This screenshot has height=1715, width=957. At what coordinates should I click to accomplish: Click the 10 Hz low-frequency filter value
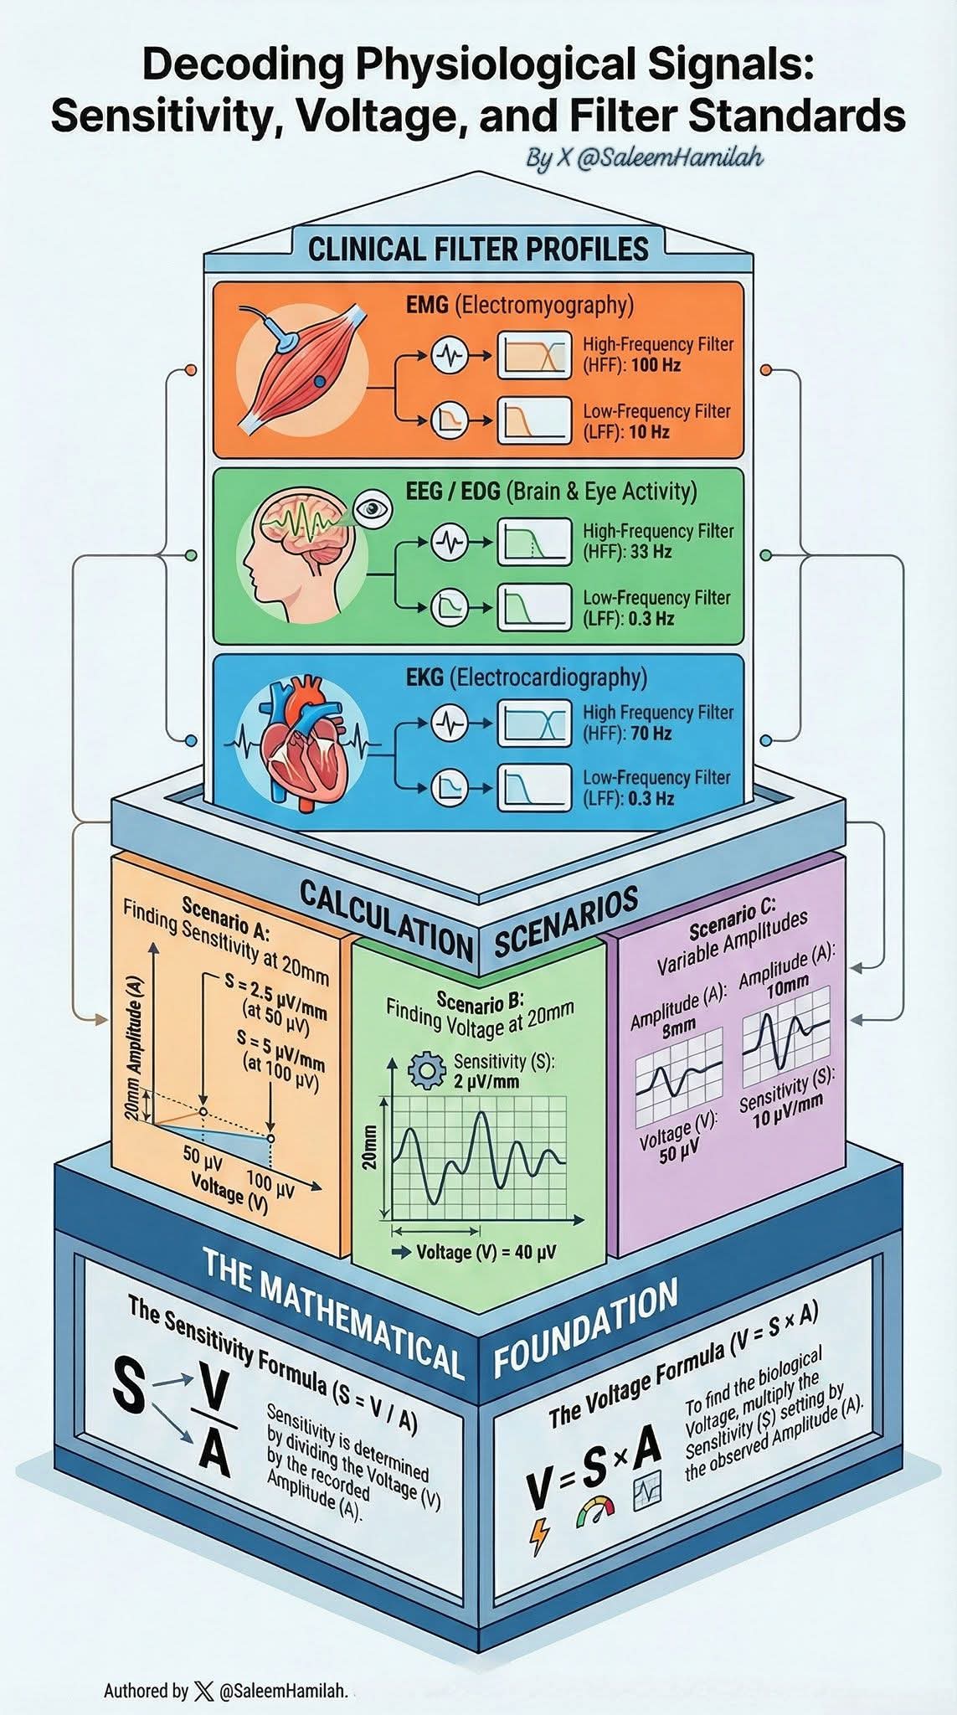click(x=649, y=433)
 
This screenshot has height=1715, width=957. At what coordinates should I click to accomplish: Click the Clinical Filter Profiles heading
click(x=478, y=249)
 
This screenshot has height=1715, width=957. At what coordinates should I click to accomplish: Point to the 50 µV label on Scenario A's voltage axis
click(x=202, y=1155)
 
